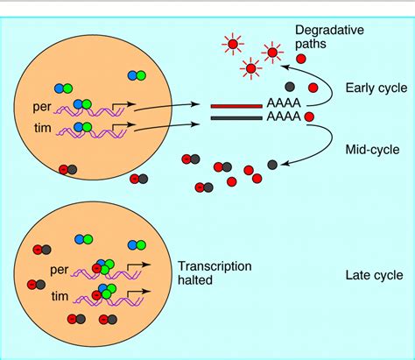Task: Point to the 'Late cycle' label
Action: (x=374, y=274)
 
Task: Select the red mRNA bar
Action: (x=236, y=106)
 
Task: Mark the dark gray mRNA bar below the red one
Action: (x=236, y=116)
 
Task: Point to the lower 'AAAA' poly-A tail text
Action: (x=283, y=116)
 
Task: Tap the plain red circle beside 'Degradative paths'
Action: (x=301, y=59)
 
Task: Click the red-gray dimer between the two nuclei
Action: (x=138, y=180)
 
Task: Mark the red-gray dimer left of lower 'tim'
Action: (x=38, y=285)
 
